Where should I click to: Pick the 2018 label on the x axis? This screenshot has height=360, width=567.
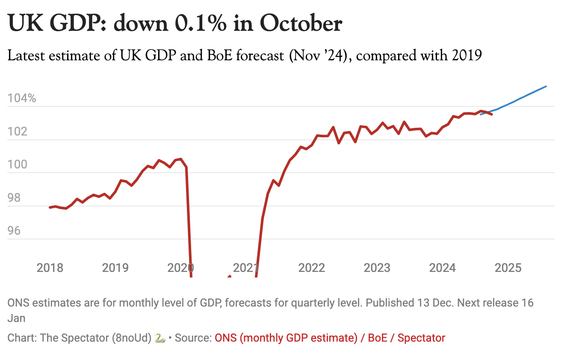tap(50, 268)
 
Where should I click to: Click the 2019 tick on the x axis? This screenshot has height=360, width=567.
tap(115, 268)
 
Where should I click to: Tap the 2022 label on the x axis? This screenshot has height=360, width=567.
tap(312, 268)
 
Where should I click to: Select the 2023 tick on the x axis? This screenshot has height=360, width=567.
tap(377, 268)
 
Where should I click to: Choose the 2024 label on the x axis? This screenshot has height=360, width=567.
tap(443, 268)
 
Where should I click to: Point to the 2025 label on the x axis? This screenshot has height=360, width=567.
tap(508, 268)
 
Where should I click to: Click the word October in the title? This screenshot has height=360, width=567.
tap(301, 24)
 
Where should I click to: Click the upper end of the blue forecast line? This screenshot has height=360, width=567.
tap(546, 86)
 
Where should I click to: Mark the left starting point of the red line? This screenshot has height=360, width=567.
tap(50, 207)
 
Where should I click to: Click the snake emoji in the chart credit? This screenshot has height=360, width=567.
tap(159, 338)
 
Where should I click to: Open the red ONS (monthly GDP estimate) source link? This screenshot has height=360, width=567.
tap(286, 338)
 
